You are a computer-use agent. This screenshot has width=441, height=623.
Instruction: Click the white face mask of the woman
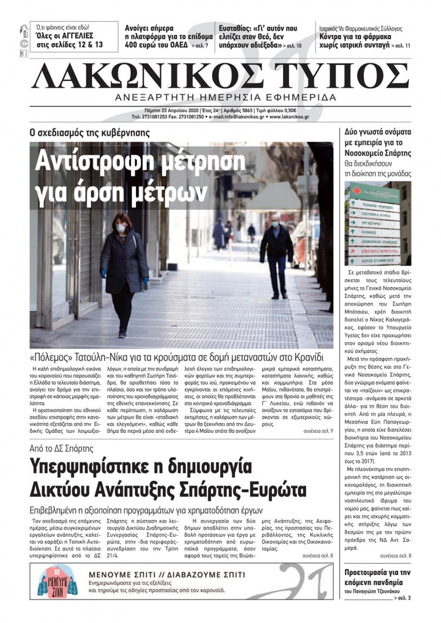coord(120,228)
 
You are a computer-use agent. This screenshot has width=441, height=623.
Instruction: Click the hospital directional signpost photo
coord(377,223)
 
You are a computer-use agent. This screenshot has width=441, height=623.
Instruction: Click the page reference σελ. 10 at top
coord(294,45)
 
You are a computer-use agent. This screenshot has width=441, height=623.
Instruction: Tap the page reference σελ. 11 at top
coord(402,45)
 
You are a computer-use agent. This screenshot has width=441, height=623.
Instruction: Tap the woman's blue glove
coord(104,273)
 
